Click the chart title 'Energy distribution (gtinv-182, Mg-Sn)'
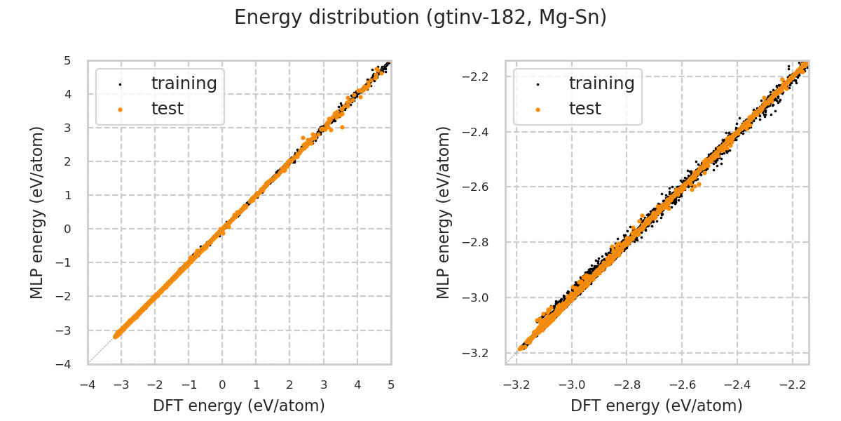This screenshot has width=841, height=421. click(x=420, y=18)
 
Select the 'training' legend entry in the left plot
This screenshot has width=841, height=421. click(x=184, y=83)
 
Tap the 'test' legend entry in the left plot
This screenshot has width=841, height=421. click(x=167, y=109)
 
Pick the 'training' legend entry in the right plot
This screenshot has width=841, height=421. click(x=601, y=83)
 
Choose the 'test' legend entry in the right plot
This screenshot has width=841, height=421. click(x=584, y=109)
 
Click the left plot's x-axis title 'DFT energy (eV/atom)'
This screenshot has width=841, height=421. click(x=239, y=406)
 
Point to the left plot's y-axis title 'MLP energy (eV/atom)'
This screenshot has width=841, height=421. click(x=37, y=213)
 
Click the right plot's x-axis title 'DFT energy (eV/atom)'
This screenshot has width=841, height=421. click(x=657, y=406)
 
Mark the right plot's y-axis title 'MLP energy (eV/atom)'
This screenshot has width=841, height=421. click(x=444, y=213)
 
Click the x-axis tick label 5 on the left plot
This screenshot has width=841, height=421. click(x=391, y=385)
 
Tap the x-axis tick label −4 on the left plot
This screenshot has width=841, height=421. click(x=88, y=385)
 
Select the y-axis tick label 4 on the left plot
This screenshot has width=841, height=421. click(x=68, y=94)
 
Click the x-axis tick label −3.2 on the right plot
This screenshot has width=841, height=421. click(x=517, y=385)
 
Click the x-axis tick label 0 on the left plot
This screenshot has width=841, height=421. click(x=222, y=385)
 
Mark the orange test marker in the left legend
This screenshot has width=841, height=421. click(x=120, y=109)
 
